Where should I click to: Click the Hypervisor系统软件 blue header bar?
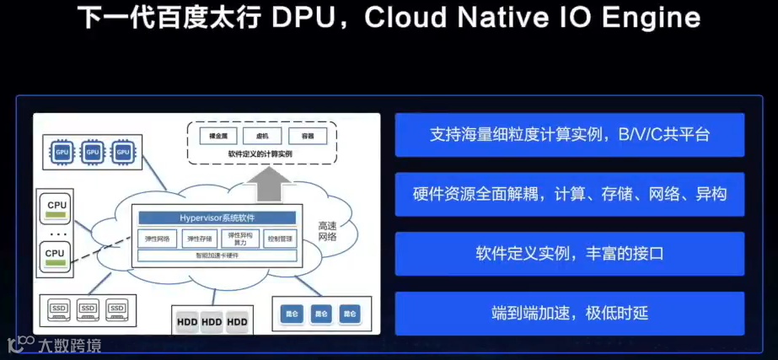(217, 218)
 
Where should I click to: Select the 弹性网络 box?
(156, 239)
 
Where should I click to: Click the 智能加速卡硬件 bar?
(217, 256)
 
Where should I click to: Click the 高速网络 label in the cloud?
(326, 231)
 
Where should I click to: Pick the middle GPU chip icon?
(93, 152)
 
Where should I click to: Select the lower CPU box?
(56, 255)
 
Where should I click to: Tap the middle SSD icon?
(88, 309)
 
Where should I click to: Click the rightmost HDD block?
(239, 322)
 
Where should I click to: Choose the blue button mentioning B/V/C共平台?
(570, 135)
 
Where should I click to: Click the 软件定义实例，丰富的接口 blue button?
(570, 254)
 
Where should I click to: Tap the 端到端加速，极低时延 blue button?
(570, 314)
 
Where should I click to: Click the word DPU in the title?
(303, 19)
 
